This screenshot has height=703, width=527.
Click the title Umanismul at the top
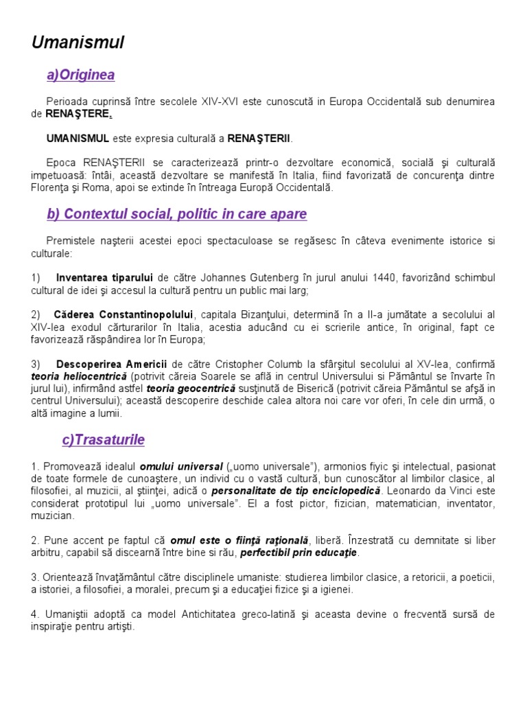78,43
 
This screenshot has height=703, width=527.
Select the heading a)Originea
80,75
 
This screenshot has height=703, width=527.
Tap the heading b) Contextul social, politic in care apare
177,214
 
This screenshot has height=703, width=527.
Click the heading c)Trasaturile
104,439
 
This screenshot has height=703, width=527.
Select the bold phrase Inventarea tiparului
104,279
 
